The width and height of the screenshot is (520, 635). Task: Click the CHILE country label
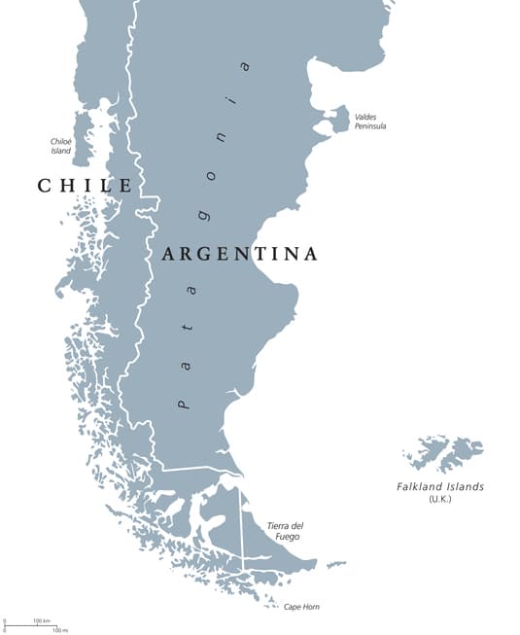click(85, 185)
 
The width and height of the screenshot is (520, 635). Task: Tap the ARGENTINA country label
click(239, 254)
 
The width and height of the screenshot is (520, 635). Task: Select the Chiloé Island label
click(60, 146)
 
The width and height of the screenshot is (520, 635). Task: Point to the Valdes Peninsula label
click(370, 121)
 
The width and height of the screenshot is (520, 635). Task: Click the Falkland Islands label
click(439, 486)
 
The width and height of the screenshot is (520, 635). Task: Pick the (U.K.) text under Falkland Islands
click(439, 499)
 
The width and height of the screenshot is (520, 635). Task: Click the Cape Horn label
click(300, 607)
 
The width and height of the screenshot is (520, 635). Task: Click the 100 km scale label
click(42, 620)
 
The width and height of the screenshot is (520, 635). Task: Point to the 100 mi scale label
click(59, 630)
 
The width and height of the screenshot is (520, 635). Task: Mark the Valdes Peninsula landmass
click(337, 120)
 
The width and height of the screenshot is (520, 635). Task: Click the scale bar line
click(30, 626)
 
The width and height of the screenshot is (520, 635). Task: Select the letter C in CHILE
click(45, 185)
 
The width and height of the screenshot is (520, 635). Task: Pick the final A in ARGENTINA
click(310, 254)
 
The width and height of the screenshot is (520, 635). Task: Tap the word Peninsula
click(370, 126)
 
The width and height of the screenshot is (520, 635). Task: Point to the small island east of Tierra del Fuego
click(335, 564)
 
